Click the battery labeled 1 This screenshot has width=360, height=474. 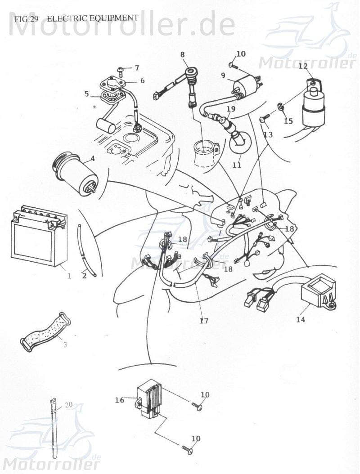click(38, 237)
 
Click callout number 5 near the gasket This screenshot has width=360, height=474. click(86, 94)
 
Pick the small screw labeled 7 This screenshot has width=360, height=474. click(121, 70)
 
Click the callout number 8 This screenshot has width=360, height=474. click(182, 54)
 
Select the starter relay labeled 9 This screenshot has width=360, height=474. click(245, 85)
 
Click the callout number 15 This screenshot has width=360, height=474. click(288, 121)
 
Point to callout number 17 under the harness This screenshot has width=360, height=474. click(204, 321)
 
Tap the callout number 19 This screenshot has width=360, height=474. click(231, 109)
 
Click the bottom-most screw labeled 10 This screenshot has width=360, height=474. click(188, 448)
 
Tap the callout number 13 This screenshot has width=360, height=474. click(268, 134)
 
